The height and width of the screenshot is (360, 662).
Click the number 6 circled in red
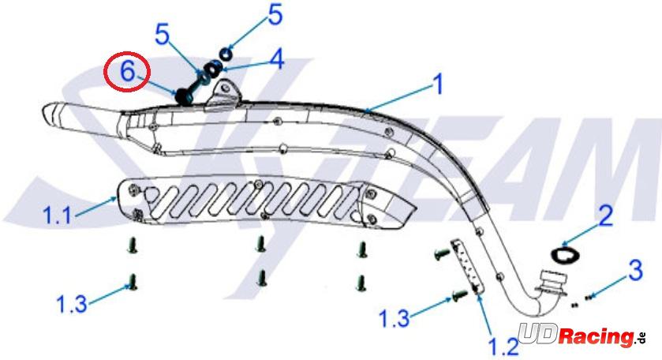point(127,71)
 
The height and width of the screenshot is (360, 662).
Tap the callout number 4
point(276,58)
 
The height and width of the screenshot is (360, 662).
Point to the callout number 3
point(635,270)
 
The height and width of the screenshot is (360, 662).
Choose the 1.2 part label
point(503,347)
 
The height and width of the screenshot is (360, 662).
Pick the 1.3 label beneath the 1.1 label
point(72,304)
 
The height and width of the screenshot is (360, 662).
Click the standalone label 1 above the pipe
point(439,84)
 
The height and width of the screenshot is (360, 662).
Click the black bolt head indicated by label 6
point(184,97)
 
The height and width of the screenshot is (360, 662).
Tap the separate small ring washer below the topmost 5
point(226,54)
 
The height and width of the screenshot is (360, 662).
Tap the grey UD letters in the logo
point(538,333)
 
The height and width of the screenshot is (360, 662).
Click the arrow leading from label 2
point(581,236)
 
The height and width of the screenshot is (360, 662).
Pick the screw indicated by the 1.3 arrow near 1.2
point(460,293)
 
